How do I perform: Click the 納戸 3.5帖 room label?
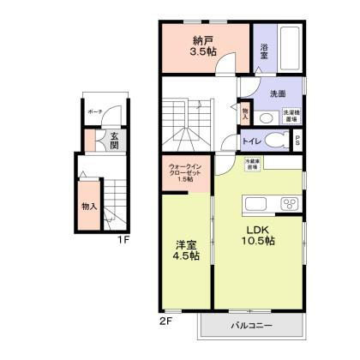pyautogui.click(x=202, y=45)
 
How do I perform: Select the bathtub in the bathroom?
pyautogui.click(x=288, y=50)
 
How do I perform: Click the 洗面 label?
pyautogui.click(x=276, y=93)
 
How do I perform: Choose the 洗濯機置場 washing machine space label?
pyautogui.click(x=290, y=116)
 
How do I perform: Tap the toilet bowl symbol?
pyautogui.click(x=276, y=141)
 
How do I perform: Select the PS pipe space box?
pyautogui.click(x=297, y=141)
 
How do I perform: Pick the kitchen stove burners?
pyautogui.click(x=287, y=205)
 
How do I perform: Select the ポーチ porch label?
pyautogui.click(x=95, y=111)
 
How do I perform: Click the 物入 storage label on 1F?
pyautogui.click(x=88, y=207)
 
